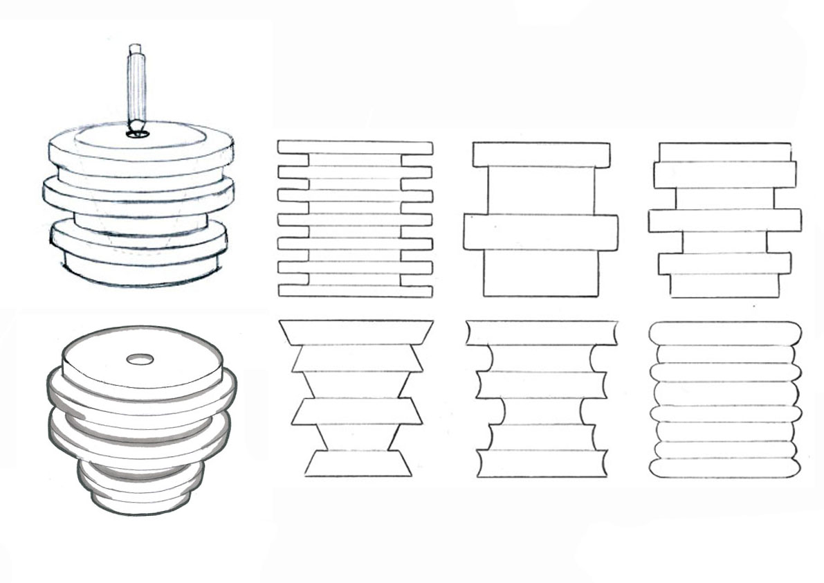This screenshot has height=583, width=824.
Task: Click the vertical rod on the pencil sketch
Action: coord(137,87)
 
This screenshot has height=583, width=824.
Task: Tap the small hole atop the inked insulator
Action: coord(140,359)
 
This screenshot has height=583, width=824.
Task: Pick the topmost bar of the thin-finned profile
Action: coord(355,147)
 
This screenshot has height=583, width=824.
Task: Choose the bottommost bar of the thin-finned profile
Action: coord(355,291)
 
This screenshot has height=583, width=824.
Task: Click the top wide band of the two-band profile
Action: coord(541,154)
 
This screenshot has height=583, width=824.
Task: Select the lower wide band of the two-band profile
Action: coord(540,231)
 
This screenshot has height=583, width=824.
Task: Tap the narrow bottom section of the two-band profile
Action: coord(540,273)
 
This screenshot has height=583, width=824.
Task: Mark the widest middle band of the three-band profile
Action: coord(725,220)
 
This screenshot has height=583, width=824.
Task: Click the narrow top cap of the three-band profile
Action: coord(724,152)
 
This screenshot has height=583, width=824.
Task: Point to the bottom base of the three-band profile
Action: coord(724,285)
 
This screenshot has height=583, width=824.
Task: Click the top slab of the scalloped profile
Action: coord(541,332)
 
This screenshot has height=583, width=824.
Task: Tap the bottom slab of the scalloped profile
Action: coord(541,463)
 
